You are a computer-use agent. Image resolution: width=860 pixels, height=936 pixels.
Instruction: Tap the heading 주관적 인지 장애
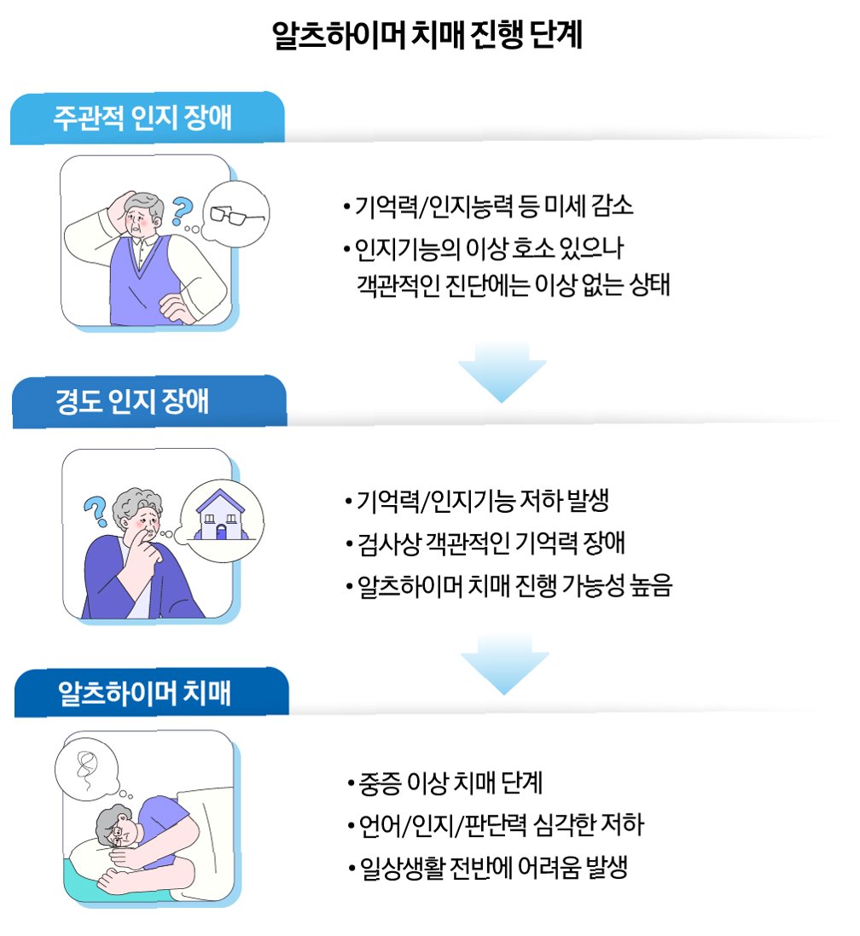142,117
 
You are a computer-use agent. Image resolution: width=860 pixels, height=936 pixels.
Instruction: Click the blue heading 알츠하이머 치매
144,692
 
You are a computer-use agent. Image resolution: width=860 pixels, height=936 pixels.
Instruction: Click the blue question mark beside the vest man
181,207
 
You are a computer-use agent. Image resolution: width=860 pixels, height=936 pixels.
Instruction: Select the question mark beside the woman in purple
93,509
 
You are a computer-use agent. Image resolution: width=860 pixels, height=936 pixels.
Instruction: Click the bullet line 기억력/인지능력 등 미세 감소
488,206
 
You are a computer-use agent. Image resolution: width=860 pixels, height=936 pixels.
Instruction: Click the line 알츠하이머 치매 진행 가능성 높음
509,587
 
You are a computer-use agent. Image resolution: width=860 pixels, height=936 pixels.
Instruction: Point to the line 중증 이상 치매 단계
445,782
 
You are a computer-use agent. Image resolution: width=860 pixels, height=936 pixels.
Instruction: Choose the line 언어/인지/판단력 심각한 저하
496,826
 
